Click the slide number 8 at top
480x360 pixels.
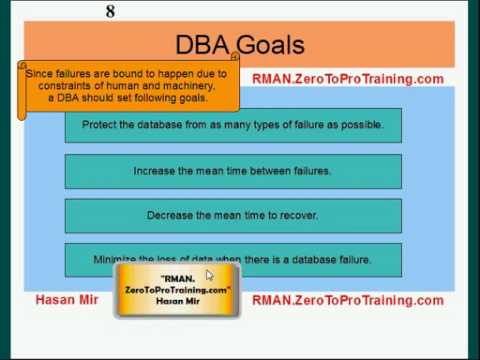click(110, 11)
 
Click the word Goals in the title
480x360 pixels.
click(271, 44)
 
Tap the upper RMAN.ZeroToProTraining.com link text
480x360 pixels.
click(347, 79)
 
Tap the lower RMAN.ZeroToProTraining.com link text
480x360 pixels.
click(347, 300)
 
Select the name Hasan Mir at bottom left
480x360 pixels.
click(67, 300)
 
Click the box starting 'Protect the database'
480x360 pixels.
click(233, 126)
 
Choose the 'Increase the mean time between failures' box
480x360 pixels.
click(233, 171)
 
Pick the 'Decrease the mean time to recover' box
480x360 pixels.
click(233, 215)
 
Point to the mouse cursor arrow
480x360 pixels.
click(209, 275)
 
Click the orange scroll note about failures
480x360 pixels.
click(128, 86)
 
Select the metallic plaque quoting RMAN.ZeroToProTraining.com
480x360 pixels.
click(178, 290)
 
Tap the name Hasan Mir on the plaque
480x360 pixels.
click(178, 301)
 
